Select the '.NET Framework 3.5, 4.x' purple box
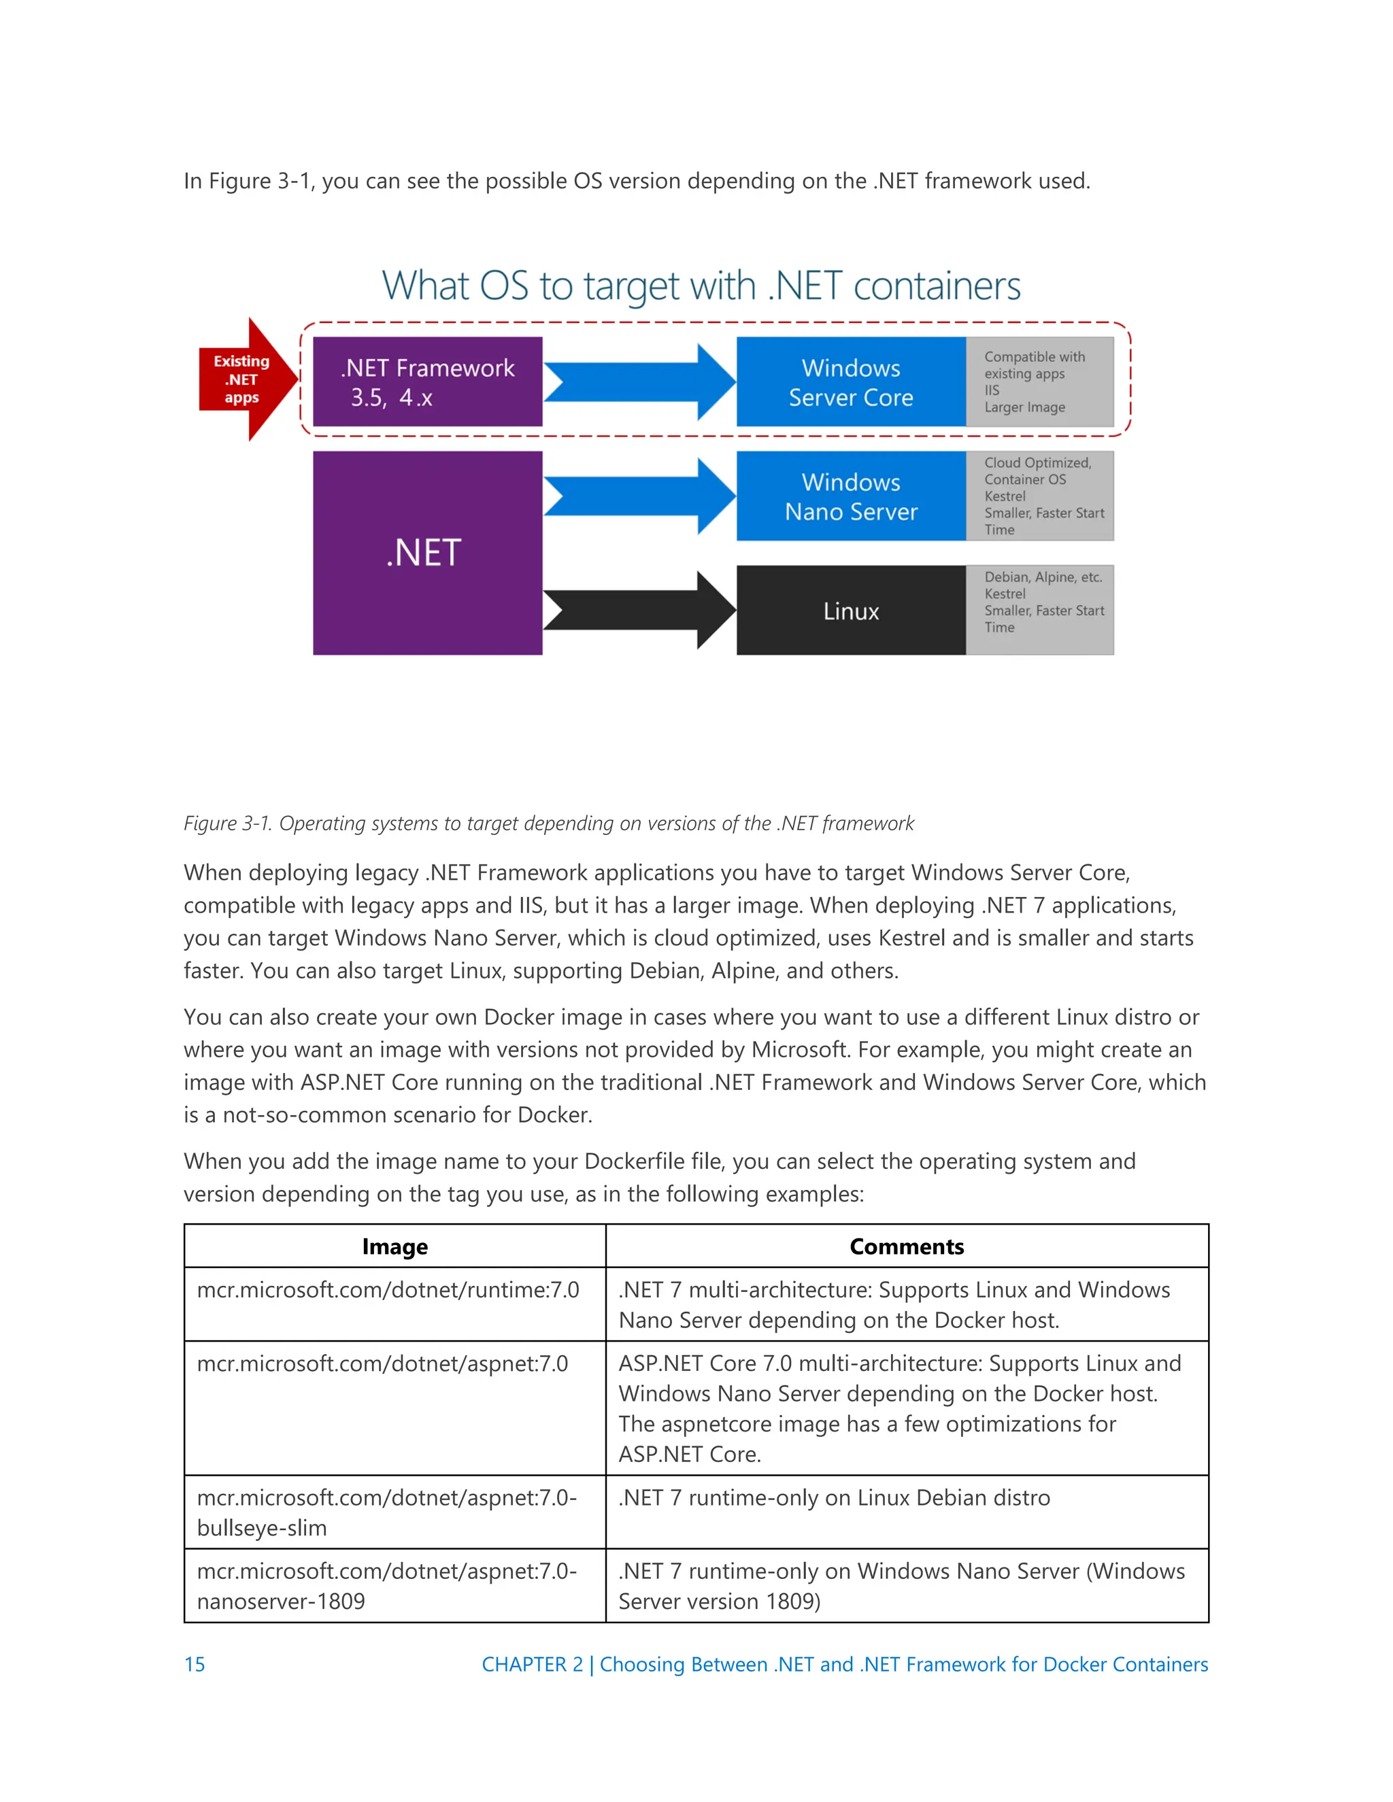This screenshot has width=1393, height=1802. coord(426,382)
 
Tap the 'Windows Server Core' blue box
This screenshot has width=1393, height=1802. coord(850,382)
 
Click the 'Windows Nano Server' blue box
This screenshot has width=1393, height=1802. coord(850,496)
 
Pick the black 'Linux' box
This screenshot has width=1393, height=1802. coord(850,611)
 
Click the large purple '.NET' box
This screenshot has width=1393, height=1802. coord(426,553)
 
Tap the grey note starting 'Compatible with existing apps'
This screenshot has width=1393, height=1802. coord(1039,382)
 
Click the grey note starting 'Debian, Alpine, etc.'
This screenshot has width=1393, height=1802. coord(1039,611)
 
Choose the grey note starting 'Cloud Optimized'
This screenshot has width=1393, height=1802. coord(1039,496)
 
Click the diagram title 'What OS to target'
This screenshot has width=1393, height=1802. coord(701,286)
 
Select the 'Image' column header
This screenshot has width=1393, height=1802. coord(395,1246)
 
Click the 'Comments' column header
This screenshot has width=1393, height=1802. coord(906,1246)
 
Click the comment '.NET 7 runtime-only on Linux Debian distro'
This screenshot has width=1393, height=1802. coord(833,1497)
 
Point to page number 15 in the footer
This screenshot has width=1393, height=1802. coord(195,1664)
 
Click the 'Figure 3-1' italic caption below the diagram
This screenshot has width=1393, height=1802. coord(548,823)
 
